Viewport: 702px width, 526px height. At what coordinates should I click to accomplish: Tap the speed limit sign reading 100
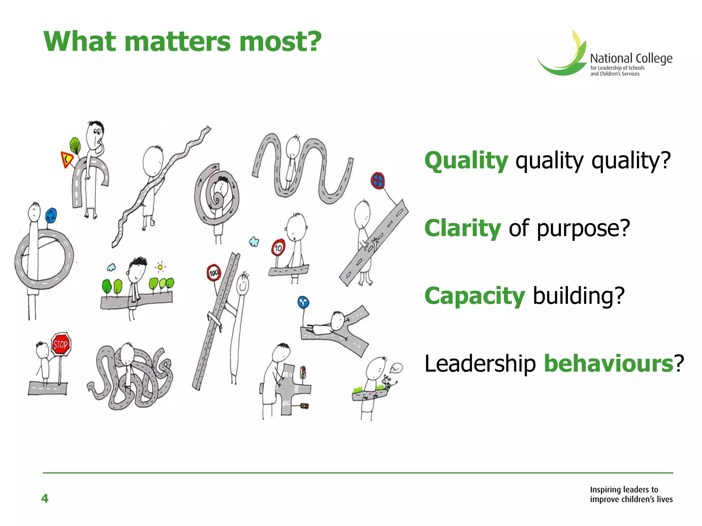pyautogui.click(x=214, y=273)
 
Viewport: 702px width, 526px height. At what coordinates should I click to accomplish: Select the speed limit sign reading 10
pyautogui.click(x=278, y=247)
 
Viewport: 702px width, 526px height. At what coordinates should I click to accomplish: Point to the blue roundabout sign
pyautogui.click(x=51, y=216)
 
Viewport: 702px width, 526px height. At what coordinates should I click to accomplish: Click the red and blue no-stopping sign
pyautogui.click(x=378, y=180)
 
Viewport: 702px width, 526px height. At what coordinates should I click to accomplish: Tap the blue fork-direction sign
pyautogui.click(x=303, y=303)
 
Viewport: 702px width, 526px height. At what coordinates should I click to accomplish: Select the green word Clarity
pyautogui.click(x=462, y=228)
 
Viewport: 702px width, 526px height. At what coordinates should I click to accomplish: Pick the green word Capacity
pyautogui.click(x=474, y=296)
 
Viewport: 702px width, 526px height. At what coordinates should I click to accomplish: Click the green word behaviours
pyautogui.click(x=609, y=363)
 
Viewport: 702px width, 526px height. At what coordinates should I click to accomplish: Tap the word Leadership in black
pyautogui.click(x=480, y=363)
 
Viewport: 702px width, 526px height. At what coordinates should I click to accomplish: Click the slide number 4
pyautogui.click(x=45, y=498)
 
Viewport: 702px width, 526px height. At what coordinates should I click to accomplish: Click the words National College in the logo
pyautogui.click(x=631, y=59)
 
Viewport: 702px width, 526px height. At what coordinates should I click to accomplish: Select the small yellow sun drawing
pyautogui.click(x=160, y=267)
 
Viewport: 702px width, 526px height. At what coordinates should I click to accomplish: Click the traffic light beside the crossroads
pyautogui.click(x=303, y=372)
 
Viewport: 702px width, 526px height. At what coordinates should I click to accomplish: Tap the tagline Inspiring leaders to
pyautogui.click(x=624, y=489)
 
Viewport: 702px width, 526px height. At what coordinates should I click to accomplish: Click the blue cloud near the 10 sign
pyautogui.click(x=254, y=242)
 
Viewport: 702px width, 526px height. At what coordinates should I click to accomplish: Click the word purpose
pyautogui.click(x=583, y=228)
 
